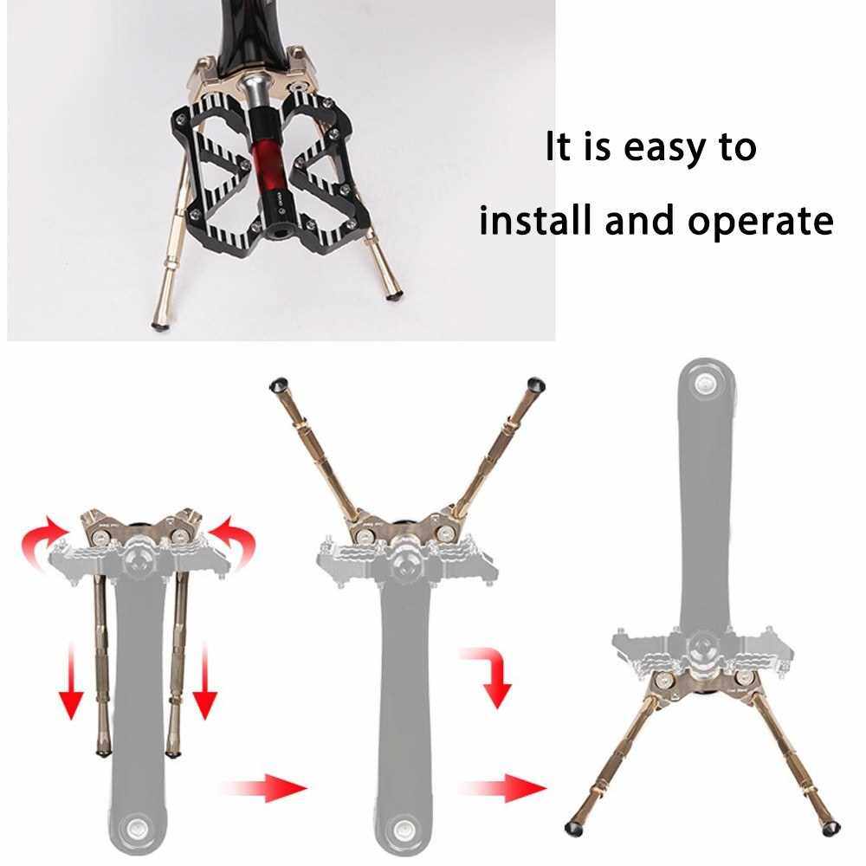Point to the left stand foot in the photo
159,326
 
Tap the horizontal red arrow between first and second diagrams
264,787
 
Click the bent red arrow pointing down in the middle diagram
492,674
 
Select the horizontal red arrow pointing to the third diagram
502,787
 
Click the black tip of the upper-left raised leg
278,385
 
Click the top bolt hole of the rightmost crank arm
705,383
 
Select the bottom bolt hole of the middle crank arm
404,829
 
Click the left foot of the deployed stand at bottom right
572,827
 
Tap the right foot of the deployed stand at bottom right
830,827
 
